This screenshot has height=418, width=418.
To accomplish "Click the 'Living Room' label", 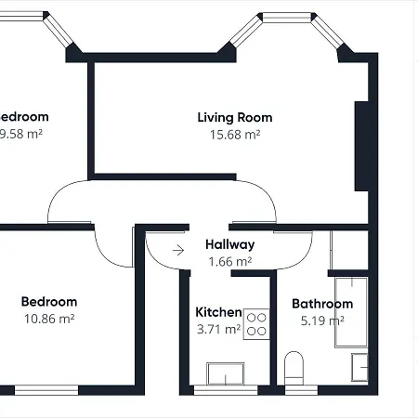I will click(x=234, y=117).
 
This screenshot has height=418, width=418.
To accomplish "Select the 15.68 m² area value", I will click(x=234, y=134).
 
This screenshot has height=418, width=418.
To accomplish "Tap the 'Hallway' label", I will click(x=229, y=244).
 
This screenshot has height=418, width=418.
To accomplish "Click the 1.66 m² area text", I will click(x=229, y=261).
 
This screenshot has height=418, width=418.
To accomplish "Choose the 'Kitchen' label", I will click(x=218, y=312).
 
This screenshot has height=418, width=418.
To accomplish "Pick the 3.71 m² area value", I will click(x=218, y=328).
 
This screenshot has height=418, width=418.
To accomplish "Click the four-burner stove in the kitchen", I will click(x=257, y=323).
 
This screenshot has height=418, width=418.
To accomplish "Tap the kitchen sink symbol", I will click(x=225, y=373).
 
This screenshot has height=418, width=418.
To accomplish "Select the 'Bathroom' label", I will click(x=322, y=304).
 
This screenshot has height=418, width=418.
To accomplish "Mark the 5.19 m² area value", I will click(x=322, y=320).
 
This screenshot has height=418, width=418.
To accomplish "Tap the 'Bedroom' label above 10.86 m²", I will click(x=49, y=301).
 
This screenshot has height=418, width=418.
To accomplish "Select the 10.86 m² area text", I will click(x=49, y=318).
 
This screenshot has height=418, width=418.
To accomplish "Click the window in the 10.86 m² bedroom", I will click(x=46, y=388).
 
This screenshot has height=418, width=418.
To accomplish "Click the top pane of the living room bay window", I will click(x=285, y=17).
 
